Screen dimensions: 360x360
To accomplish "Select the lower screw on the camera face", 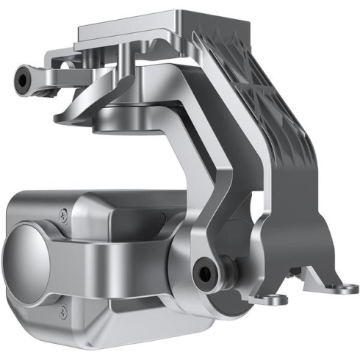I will (66, 308).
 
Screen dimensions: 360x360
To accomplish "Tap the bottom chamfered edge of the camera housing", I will (110, 323).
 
